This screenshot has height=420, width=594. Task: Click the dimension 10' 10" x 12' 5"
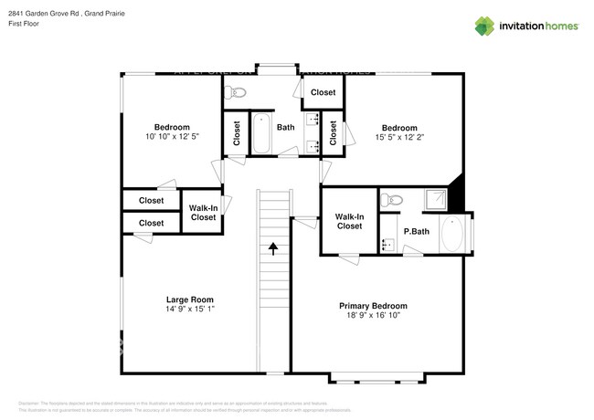coord(171,136)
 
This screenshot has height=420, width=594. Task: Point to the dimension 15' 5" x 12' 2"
coord(399,137)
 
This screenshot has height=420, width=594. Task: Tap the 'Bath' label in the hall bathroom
coord(286,127)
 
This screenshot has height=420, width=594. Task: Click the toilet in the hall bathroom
coord(238,91)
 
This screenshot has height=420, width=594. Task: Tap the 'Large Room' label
coord(189,299)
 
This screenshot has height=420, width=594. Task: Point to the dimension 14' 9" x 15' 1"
coord(189,309)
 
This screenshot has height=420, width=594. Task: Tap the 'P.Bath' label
coord(417,231)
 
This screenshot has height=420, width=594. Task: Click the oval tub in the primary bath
coord(452,234)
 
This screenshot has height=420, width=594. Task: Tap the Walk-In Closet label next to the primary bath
coord(349,221)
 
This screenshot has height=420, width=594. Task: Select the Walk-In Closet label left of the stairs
coord(203,213)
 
